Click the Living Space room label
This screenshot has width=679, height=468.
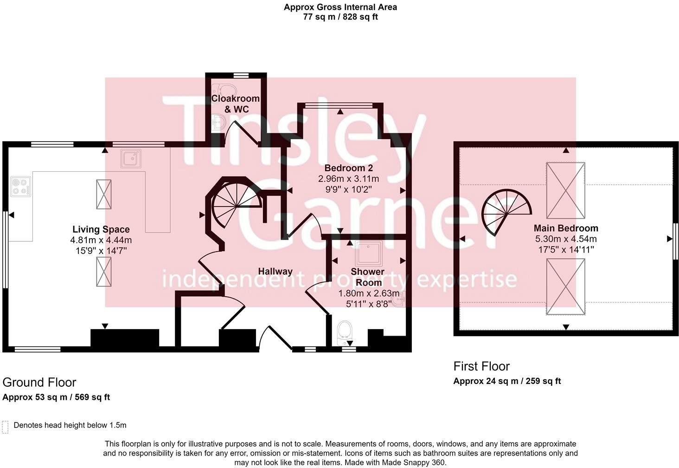pos(101,229)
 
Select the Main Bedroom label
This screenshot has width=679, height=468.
pos(566,228)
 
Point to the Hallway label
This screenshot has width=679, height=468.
pos(275,271)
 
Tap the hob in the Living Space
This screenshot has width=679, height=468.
pos(20,187)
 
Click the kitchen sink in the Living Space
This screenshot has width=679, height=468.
pos(131,158)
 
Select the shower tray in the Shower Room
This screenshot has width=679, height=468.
pos(369,253)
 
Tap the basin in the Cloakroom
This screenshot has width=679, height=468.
pos(219,123)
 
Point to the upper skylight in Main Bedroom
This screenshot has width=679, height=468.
pos(565,190)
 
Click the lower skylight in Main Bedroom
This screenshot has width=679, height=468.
pos(565,286)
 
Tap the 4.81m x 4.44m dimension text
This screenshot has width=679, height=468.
pos(101,240)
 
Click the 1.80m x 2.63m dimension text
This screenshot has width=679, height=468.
pos(369,293)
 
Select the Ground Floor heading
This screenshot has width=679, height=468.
pos(39,382)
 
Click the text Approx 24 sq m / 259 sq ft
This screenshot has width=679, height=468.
pos(507,381)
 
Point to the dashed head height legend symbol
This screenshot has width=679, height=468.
pos(6,427)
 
